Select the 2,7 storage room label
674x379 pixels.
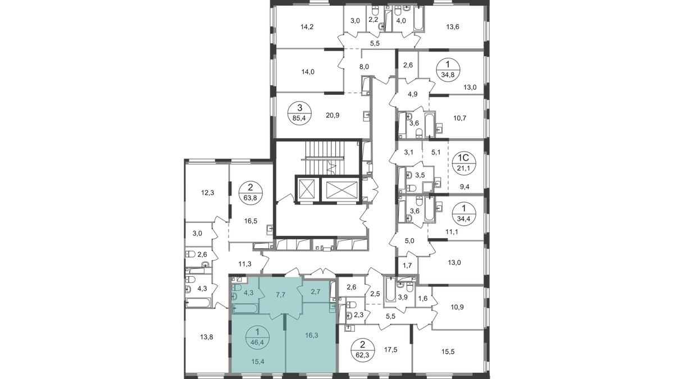tap(315, 292)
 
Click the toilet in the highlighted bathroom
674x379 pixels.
tap(236, 288)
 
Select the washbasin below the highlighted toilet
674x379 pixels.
tap(234, 296)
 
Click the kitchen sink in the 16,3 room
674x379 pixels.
tap(332, 307)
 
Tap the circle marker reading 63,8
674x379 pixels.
tap(248, 190)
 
